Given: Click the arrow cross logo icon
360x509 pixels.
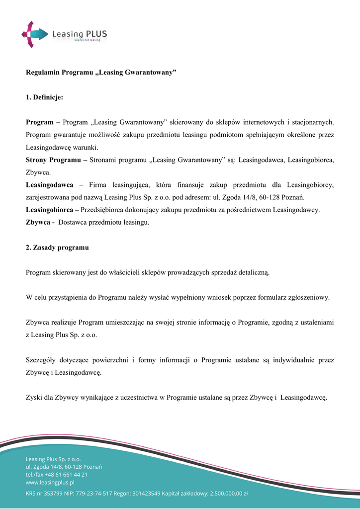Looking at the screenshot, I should point(34,34).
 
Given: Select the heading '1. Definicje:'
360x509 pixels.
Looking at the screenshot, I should point(44,97).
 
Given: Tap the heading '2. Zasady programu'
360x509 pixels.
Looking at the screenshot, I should point(57,247).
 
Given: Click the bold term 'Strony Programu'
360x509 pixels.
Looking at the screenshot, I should point(54,160).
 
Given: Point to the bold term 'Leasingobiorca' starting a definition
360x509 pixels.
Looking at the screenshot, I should point(49,210).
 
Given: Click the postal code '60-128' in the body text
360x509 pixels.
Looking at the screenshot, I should point(261,197).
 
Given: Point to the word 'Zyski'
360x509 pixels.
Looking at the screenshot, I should point(34,397).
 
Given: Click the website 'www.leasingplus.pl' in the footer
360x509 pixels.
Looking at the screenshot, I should point(50,482).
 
